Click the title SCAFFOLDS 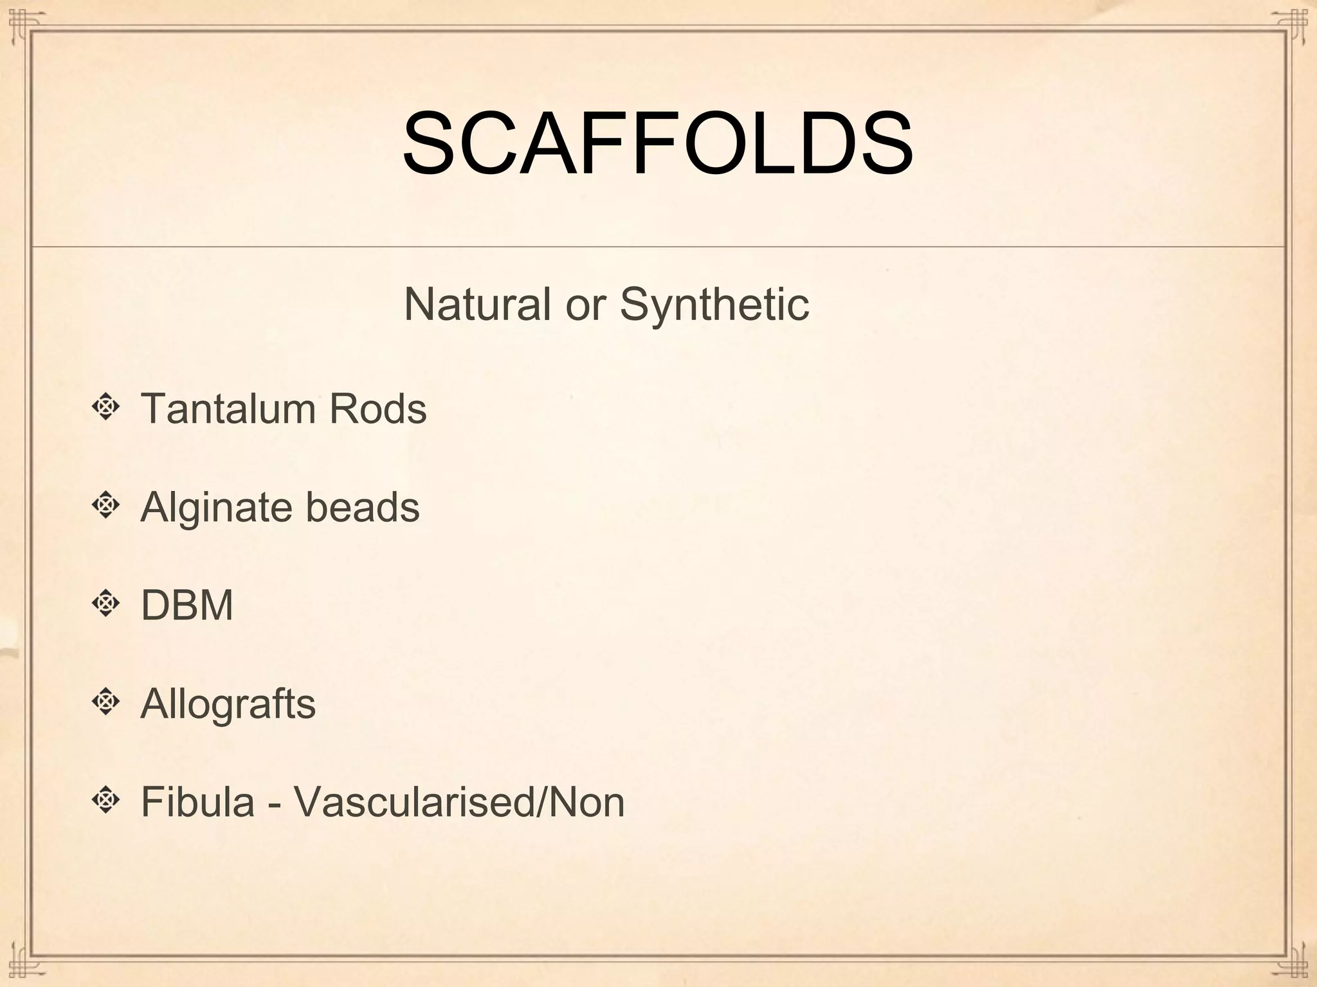pyautogui.click(x=657, y=144)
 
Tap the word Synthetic pyautogui.click(x=714, y=304)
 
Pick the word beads pyautogui.click(x=363, y=507)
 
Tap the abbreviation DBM pyautogui.click(x=186, y=605)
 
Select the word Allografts pyautogui.click(x=228, y=704)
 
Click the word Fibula pyautogui.click(x=197, y=802)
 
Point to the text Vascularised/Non pyautogui.click(x=459, y=802)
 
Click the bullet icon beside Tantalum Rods pyautogui.click(x=106, y=407)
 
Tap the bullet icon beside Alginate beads pyautogui.click(x=106, y=506)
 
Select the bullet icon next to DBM pyautogui.click(x=106, y=604)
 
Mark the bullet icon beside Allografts pyautogui.click(x=106, y=702)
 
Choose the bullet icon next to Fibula pyautogui.click(x=106, y=801)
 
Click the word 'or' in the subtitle pyautogui.click(x=585, y=305)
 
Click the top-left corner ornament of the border pyautogui.click(x=23, y=22)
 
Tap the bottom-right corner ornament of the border pyautogui.click(x=1294, y=964)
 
